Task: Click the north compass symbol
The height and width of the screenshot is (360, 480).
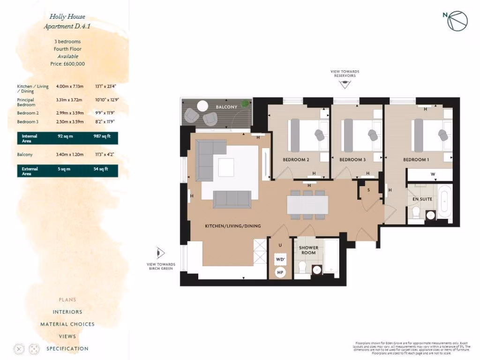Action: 457,20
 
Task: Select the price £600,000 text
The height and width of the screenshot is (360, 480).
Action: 67,63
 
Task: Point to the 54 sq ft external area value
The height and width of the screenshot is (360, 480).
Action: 101,169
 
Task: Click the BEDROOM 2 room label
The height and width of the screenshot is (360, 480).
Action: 296,160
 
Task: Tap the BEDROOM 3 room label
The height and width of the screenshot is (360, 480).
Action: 352,160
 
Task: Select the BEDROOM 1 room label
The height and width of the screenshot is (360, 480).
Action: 416,160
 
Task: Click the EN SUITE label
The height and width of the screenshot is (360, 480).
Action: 422,199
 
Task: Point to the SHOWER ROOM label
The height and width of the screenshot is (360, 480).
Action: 309,250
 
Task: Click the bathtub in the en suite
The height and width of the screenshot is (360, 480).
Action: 445,202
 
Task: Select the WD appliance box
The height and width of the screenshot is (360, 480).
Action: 280,259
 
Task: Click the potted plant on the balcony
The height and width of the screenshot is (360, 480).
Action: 244,104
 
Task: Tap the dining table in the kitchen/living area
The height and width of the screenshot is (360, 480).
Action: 307,204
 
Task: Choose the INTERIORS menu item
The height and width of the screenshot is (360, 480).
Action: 67,312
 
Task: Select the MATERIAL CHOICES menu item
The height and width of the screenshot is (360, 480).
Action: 67,324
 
